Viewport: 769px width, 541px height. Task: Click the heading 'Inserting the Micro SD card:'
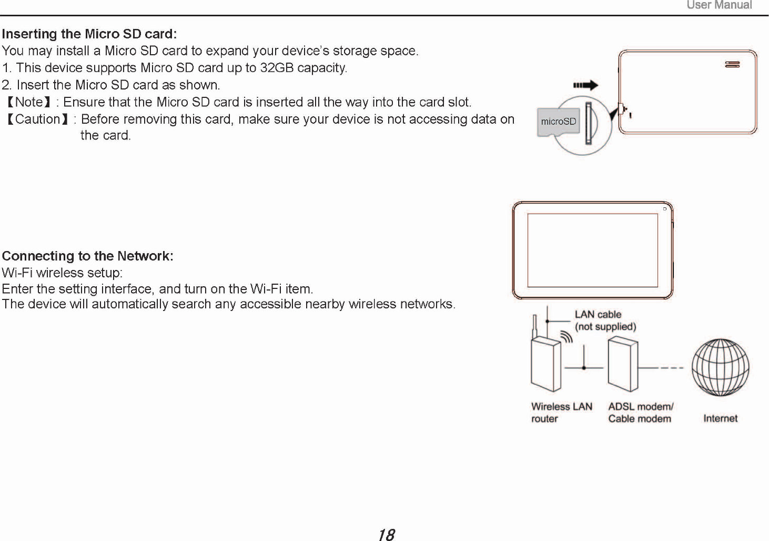[89, 34]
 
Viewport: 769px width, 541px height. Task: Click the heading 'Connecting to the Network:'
[88, 256]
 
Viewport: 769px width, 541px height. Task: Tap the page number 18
[386, 535]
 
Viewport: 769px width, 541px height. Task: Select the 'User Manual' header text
[719, 5]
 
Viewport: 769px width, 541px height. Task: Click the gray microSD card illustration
[558, 122]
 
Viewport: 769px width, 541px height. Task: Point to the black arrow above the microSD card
[585, 85]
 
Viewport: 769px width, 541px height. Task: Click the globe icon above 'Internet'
[720, 367]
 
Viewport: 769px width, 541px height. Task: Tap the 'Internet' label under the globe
[720, 418]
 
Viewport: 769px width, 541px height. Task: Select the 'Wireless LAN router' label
[561, 413]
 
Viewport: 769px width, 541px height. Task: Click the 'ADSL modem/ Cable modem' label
[640, 413]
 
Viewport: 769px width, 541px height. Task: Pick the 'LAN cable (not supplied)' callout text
[605, 320]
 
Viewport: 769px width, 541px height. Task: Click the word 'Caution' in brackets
[38, 119]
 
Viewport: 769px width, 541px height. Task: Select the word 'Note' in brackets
[29, 102]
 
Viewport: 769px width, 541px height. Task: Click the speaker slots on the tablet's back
[732, 64]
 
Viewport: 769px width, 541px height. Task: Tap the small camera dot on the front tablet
[665, 209]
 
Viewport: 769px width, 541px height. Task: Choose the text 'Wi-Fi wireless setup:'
[63, 273]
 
